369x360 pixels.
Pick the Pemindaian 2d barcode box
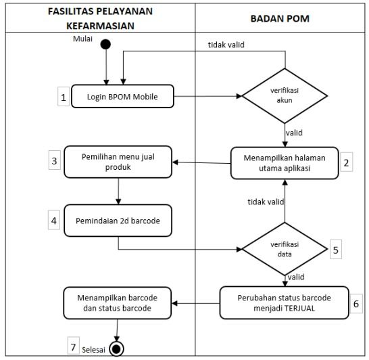click(119, 219)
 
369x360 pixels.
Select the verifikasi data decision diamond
click(285, 248)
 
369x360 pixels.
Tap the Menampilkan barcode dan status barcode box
click(119, 301)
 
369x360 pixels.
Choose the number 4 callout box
click(54, 220)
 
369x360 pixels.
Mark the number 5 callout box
click(337, 250)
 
